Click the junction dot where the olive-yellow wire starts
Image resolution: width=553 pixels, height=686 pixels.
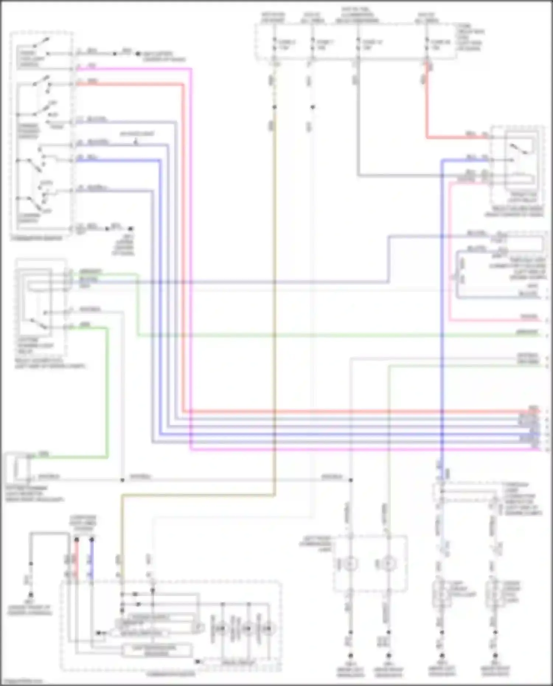point(274,107)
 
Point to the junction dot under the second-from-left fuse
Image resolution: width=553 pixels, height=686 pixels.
point(312,107)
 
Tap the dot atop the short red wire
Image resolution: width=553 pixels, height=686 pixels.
point(77,540)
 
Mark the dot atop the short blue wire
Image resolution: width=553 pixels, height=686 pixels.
point(92,540)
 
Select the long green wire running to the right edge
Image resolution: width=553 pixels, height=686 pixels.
point(332,335)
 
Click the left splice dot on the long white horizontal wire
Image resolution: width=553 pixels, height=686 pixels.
point(122,480)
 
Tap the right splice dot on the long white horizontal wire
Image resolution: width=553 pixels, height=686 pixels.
point(351,480)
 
